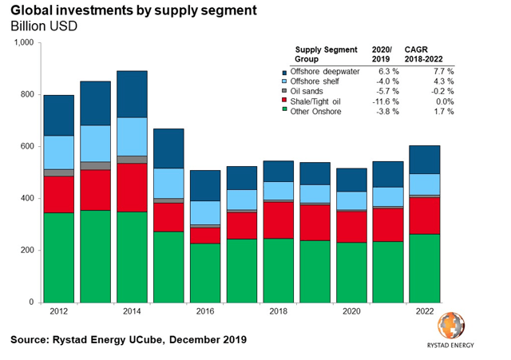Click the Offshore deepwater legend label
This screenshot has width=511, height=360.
tap(329, 72)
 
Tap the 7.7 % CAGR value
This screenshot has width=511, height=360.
tap(441, 72)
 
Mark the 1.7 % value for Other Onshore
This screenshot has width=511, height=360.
tap(441, 112)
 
